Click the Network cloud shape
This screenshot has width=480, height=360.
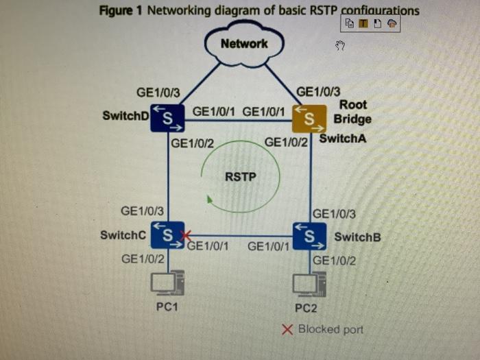pyautogui.click(x=244, y=45)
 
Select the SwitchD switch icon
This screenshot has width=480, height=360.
pyautogui.click(x=168, y=117)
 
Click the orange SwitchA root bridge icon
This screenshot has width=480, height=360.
pyautogui.click(x=309, y=118)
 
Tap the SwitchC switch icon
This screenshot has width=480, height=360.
pyautogui.click(x=167, y=235)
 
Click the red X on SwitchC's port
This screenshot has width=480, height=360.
pyautogui.click(x=184, y=237)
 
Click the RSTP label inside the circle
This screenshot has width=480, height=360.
pyautogui.click(x=240, y=177)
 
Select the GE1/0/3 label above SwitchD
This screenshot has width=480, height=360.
pyautogui.click(x=158, y=92)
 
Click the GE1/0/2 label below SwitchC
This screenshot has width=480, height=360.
pyautogui.click(x=143, y=259)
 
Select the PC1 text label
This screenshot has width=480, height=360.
pyautogui.click(x=167, y=307)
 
